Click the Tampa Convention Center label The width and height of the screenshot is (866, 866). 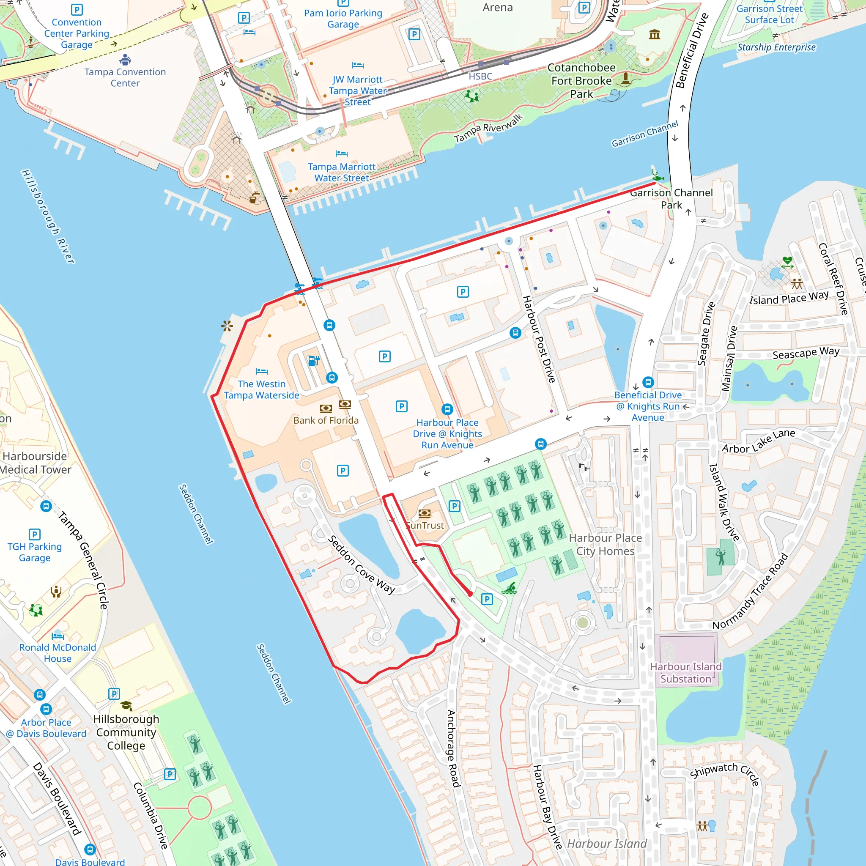[125, 77]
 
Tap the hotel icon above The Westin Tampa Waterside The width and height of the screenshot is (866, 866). [261, 371]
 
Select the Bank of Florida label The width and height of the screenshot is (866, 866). [326, 420]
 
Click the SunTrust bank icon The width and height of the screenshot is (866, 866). [424, 513]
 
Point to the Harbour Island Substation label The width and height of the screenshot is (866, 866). [685, 673]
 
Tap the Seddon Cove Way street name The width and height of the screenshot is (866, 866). [361, 565]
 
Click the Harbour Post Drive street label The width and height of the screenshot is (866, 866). [539, 339]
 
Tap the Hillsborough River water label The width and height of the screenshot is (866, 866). [48, 216]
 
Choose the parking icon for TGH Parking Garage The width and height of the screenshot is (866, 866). [35, 534]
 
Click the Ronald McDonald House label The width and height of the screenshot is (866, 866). [58, 653]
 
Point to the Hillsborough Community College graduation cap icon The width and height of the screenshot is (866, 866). [126, 706]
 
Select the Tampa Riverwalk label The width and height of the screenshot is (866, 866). [488, 128]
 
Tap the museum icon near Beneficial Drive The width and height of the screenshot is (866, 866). [655, 35]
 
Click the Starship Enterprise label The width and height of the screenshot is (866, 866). [776, 47]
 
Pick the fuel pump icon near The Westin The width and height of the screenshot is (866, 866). [314, 360]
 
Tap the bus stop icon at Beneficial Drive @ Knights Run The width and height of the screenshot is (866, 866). [648, 382]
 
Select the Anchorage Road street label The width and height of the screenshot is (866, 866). [453, 748]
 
